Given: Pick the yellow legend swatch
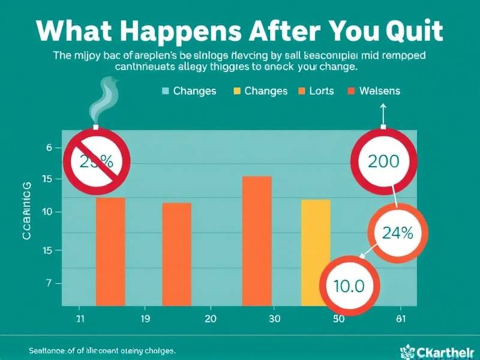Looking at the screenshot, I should (237, 91).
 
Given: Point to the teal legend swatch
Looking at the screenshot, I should (166, 91).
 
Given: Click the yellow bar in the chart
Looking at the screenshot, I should (315, 252).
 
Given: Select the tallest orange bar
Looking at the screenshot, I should (256, 240).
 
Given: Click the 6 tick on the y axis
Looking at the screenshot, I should (49, 148).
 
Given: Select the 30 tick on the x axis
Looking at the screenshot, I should (274, 319).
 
